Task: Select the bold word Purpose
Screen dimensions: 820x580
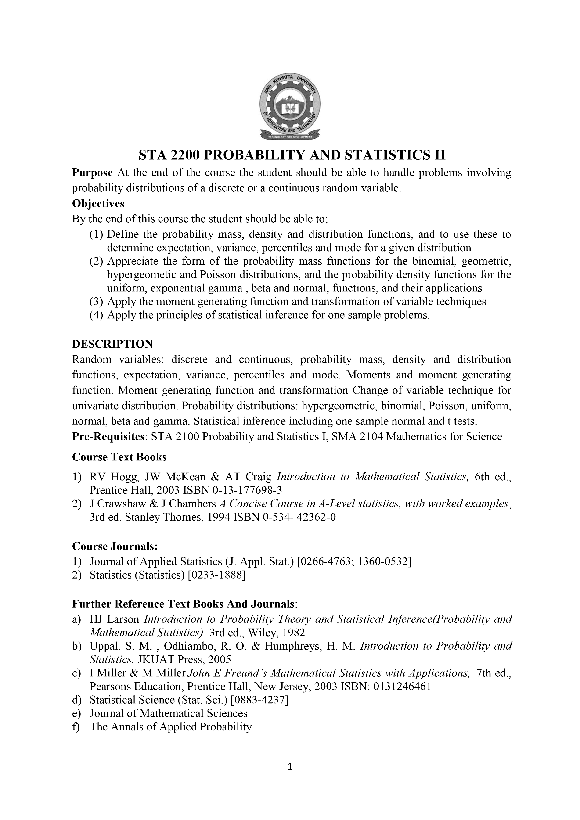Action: click(93, 173)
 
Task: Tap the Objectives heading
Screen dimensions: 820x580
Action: click(98, 204)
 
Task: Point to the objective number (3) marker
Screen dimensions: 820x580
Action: click(96, 302)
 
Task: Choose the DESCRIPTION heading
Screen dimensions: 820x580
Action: click(112, 344)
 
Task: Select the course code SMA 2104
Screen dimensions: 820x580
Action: click(357, 436)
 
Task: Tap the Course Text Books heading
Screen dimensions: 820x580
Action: click(119, 457)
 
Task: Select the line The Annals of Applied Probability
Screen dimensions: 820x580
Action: click(170, 727)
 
